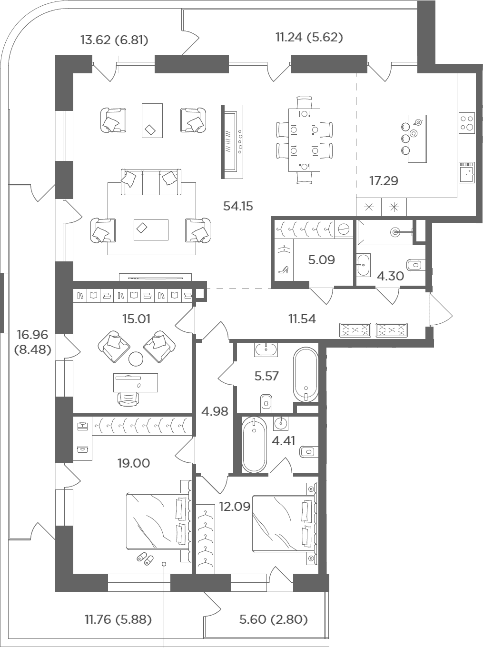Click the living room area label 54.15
(x=238, y=206)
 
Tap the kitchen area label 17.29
(x=384, y=180)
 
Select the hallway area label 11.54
(x=302, y=319)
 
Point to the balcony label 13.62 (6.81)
(x=114, y=40)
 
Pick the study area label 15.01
(x=136, y=319)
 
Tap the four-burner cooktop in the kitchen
(x=467, y=123)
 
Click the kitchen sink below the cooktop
(x=467, y=173)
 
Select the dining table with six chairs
(x=304, y=140)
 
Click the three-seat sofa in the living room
(x=151, y=182)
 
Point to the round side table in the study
(x=136, y=359)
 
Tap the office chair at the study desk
(x=128, y=399)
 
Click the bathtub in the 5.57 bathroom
(x=306, y=374)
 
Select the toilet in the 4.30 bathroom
(x=415, y=265)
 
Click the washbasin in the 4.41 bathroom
(x=281, y=424)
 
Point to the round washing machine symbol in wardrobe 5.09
(x=344, y=228)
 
